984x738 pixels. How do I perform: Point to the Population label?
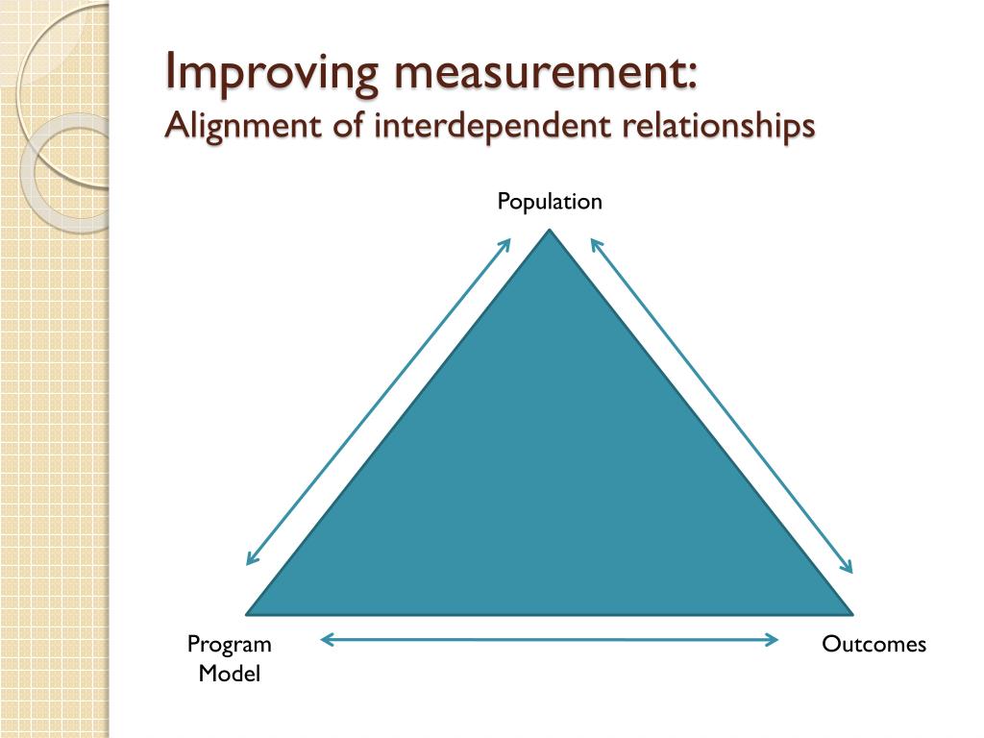tap(550, 202)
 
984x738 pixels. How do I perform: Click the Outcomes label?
tap(873, 644)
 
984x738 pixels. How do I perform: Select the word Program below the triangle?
tap(229, 644)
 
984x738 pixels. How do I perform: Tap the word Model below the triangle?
tap(229, 674)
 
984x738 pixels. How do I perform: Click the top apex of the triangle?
tap(550, 231)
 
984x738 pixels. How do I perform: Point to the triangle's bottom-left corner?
tap(250, 612)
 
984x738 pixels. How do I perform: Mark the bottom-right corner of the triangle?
tap(850, 612)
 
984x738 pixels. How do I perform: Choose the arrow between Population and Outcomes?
tap(721, 405)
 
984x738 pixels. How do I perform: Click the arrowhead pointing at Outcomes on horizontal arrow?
tap(773, 639)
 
